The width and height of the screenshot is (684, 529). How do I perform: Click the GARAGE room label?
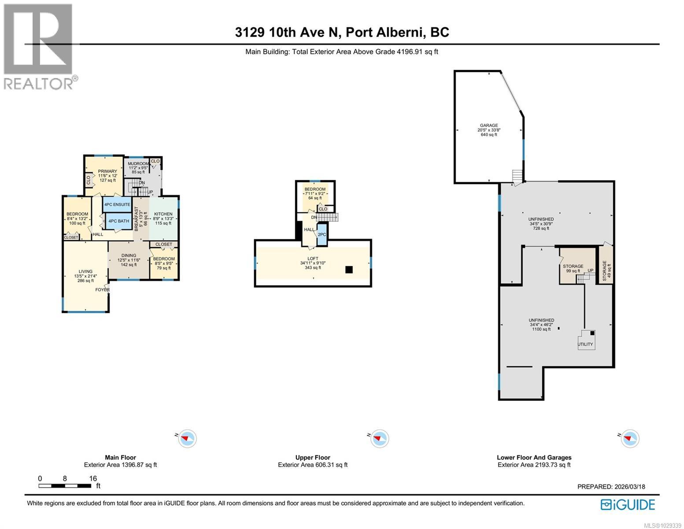pos(488,125)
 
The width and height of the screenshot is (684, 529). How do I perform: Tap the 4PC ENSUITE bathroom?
pos(117,205)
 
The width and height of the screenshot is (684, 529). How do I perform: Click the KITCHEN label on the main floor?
pos(163,214)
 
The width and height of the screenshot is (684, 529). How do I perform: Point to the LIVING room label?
pos(85,272)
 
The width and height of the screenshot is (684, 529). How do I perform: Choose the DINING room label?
pos(129,255)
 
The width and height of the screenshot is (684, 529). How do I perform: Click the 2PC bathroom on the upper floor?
pos(322,235)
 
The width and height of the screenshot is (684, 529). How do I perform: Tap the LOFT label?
pos(313,258)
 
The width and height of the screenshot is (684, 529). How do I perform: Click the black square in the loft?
pos(349,270)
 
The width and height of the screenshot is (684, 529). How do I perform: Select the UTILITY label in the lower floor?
pos(585,344)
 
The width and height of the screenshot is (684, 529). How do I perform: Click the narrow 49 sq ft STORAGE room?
pos(604,271)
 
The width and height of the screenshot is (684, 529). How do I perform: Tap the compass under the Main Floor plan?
pos(188,439)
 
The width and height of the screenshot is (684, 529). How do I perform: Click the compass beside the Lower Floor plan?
pos(630,439)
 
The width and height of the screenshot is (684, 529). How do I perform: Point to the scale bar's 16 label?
pos(92,478)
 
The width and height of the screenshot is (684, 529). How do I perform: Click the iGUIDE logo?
pos(628,504)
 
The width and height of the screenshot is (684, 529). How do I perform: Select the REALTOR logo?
pos(38,46)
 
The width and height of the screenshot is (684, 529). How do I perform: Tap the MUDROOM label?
pos(138,164)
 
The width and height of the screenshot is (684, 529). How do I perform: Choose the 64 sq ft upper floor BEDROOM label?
pos(315,189)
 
